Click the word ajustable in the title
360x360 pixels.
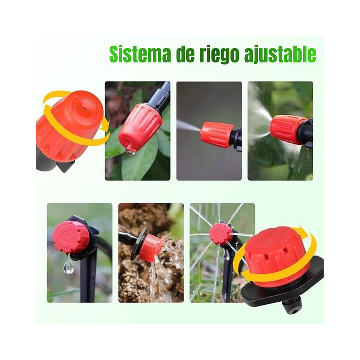click(x=280, y=55)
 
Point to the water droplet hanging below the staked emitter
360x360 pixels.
click(x=68, y=267)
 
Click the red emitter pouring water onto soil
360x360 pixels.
click(x=150, y=247)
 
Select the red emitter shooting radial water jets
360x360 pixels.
click(x=221, y=234)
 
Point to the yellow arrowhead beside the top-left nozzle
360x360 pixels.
click(x=104, y=124)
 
